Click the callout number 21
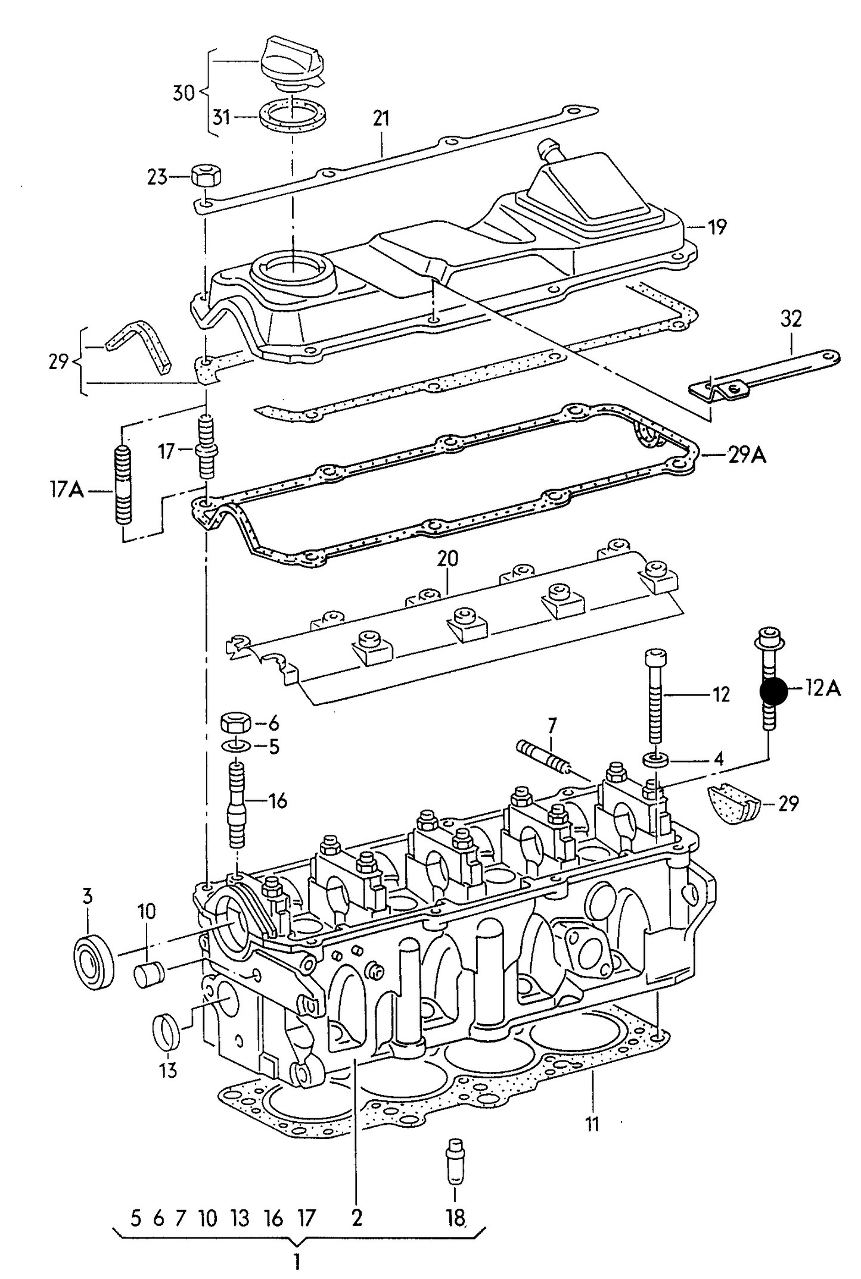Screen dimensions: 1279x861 pyautogui.click(x=381, y=118)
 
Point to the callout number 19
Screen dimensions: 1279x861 pyautogui.click(x=717, y=227)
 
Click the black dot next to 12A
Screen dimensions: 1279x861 pyautogui.click(x=773, y=691)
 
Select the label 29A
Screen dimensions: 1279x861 pyautogui.click(x=747, y=456)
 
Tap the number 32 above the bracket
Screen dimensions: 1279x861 pyautogui.click(x=791, y=319)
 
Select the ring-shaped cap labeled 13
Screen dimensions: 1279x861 pyautogui.click(x=167, y=1034)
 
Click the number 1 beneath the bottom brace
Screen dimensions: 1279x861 pyautogui.click(x=296, y=1261)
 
